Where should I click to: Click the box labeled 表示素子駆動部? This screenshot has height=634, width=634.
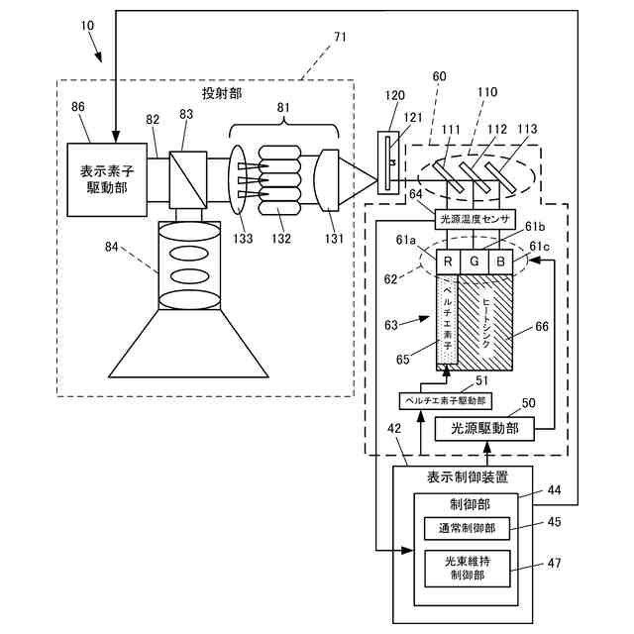pyautogui.click(x=107, y=180)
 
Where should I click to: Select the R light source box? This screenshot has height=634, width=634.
pyautogui.click(x=448, y=262)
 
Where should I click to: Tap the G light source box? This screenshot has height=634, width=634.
pyautogui.click(x=475, y=262)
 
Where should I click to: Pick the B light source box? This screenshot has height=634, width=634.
pyautogui.click(x=501, y=262)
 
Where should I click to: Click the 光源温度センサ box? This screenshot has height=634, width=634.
pyautogui.click(x=475, y=220)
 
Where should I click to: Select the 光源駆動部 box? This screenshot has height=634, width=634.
pyautogui.click(x=484, y=429)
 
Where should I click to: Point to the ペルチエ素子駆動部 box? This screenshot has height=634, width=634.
pyautogui.click(x=445, y=400)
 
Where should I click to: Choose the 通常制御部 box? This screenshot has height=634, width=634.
pyautogui.click(x=467, y=528)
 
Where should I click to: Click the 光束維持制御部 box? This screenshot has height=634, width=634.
pyautogui.click(x=468, y=569)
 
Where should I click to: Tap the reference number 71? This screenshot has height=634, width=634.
pyautogui.click(x=340, y=38)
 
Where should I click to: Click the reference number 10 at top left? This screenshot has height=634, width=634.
pyautogui.click(x=87, y=26)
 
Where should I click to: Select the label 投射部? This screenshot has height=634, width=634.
pyautogui.click(x=222, y=94)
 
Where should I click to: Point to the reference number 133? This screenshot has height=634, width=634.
pyautogui.click(x=243, y=238)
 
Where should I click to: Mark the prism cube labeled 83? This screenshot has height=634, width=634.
pyautogui.click(x=188, y=180)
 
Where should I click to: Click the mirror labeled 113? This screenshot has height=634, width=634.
pyautogui.click(x=500, y=177)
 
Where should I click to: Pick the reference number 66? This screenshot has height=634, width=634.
pyautogui.click(x=542, y=326)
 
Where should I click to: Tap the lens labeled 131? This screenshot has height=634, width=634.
pyautogui.click(x=326, y=180)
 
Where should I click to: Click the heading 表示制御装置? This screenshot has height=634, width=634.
pyautogui.click(x=468, y=477)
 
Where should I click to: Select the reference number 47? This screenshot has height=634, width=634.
pyautogui.click(x=554, y=563)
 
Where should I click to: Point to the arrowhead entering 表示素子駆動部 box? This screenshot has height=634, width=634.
pyautogui.click(x=116, y=137)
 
